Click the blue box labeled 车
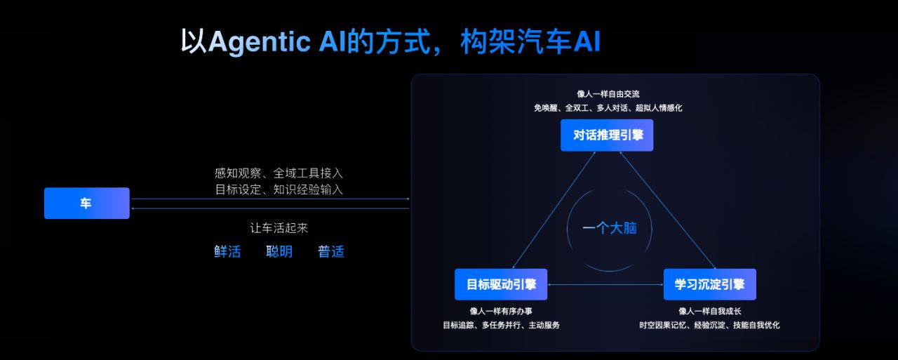click(86, 204)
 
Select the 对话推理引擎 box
click(607, 135)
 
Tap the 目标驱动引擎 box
click(501, 284)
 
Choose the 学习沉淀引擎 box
click(709, 284)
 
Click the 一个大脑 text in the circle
click(609, 228)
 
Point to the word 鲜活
click(227, 251)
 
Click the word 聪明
click(279, 251)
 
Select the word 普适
click(331, 251)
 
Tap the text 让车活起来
click(279, 228)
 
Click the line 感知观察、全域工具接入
click(279, 173)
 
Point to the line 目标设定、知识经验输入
click(279, 189)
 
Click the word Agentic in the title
click(259, 42)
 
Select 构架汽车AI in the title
click(530, 42)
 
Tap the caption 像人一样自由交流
click(608, 94)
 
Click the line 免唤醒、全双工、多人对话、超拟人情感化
click(608, 108)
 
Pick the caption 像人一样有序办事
click(501, 311)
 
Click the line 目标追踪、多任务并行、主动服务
click(501, 325)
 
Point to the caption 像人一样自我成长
click(709, 311)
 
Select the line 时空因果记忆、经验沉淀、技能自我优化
click(709, 325)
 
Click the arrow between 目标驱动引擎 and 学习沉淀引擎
click(605, 284)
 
